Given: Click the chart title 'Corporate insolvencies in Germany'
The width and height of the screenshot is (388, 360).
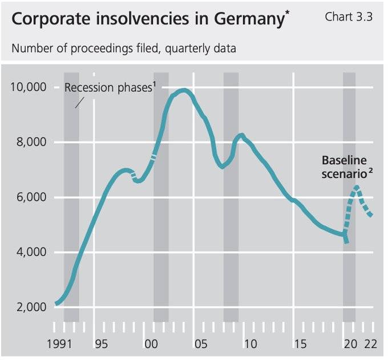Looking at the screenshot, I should pyautogui.click(x=147, y=18).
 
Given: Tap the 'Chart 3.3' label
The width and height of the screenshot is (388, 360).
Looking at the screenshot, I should pyautogui.click(x=349, y=17).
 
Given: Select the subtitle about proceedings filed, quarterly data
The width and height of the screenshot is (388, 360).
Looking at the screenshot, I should pyautogui.click(x=124, y=48).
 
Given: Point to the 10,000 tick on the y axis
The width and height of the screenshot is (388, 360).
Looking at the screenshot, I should pyautogui.click(x=29, y=87).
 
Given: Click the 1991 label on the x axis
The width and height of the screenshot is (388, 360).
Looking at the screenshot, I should pyautogui.click(x=64, y=344).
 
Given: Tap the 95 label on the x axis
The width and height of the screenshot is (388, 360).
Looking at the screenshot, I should pyautogui.click(x=102, y=344).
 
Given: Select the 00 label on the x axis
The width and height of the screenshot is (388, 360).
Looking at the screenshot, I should pyautogui.click(x=151, y=344).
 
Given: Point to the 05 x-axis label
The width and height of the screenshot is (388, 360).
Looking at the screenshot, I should pyautogui.click(x=200, y=344).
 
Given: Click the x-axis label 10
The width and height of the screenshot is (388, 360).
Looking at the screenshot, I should pyautogui.click(x=249, y=344).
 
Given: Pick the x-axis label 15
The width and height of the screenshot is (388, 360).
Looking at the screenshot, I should pyautogui.click(x=300, y=344).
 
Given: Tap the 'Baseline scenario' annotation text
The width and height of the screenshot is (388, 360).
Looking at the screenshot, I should pyautogui.click(x=344, y=167).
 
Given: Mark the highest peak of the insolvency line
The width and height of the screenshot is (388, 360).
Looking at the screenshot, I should pyautogui.click(x=183, y=90).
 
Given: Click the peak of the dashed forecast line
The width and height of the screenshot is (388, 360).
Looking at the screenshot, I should pyautogui.click(x=357, y=187).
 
